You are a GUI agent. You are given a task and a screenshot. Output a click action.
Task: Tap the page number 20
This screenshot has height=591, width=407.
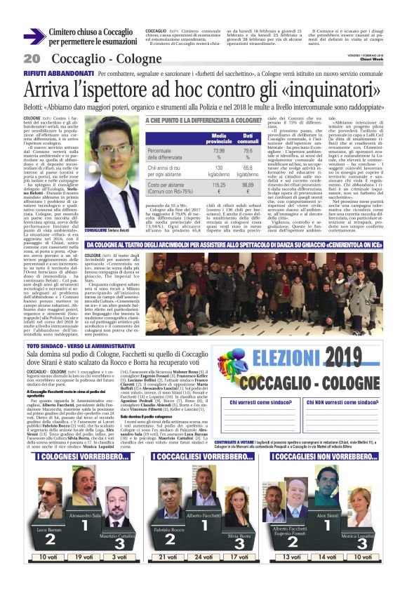pos(32,58)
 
